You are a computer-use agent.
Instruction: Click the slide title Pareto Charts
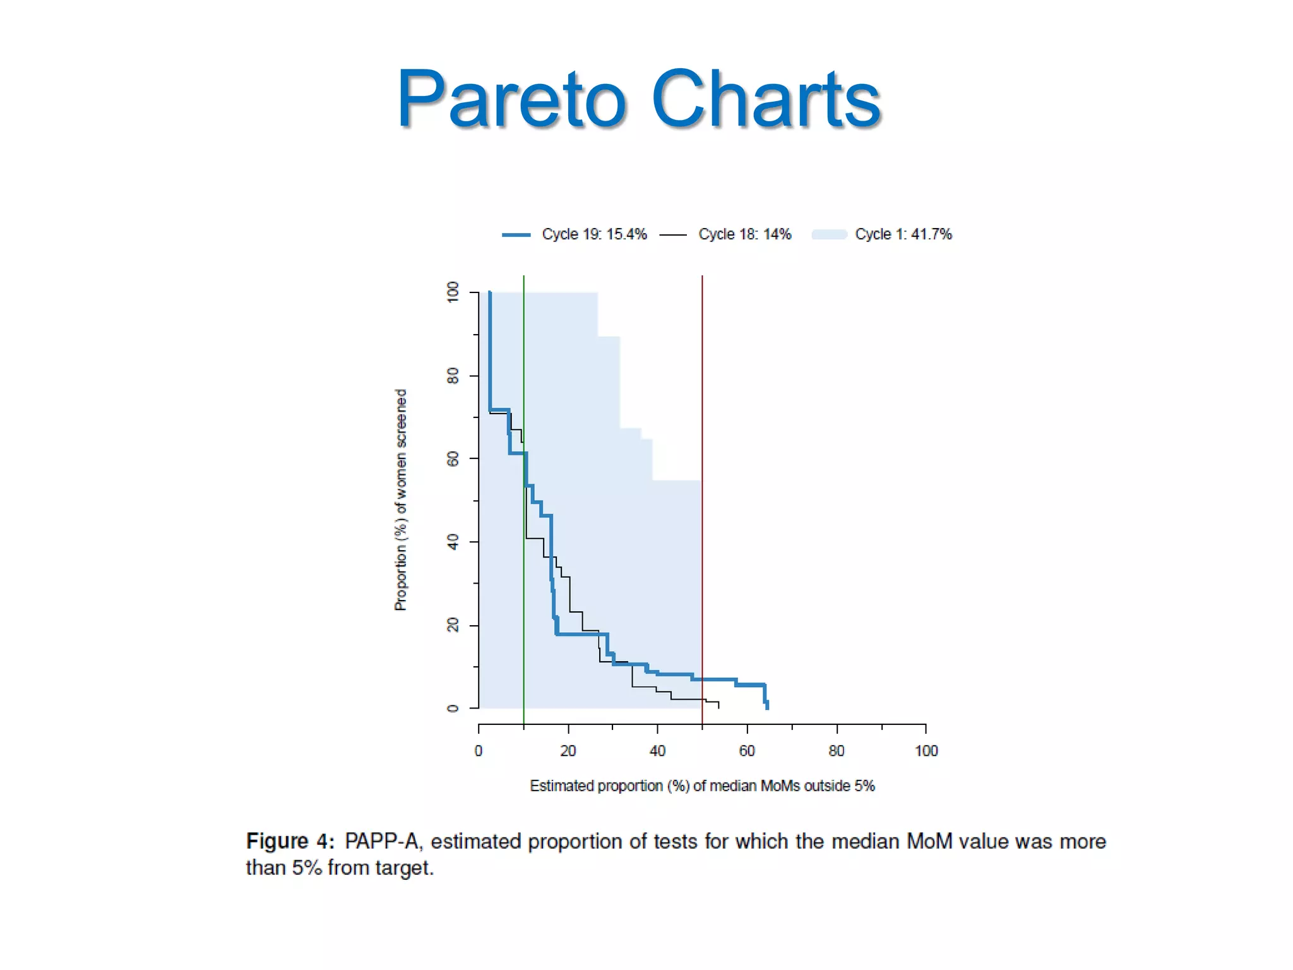pos(638,99)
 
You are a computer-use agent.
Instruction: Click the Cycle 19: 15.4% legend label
pos(594,234)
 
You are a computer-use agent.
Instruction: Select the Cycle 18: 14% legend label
pos(744,234)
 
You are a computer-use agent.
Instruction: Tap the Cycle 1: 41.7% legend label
pos(903,234)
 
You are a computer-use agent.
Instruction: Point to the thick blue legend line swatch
pos(516,235)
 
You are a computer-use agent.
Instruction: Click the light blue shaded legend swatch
pos(828,235)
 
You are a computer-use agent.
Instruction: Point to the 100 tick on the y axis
pos(453,292)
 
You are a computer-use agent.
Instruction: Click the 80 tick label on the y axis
pos(453,376)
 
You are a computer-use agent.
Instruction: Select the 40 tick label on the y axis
pos(453,542)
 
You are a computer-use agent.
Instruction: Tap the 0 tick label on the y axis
pos(453,709)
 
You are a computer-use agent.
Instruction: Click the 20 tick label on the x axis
pos(568,751)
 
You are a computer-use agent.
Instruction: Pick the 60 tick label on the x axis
pos(747,751)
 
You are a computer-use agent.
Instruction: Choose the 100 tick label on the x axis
pos(926,751)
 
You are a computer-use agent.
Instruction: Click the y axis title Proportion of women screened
pos(401,500)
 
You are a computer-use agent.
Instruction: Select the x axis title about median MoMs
pos(702,786)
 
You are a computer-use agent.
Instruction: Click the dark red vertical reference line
pos(702,379)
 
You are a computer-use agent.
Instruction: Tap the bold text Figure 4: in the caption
pos(290,842)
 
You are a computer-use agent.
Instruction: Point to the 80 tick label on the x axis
pos(837,751)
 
